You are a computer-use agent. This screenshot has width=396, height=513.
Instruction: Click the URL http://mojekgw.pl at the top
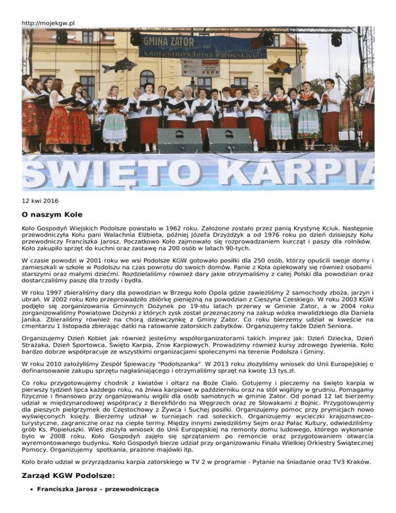[x=48, y=23]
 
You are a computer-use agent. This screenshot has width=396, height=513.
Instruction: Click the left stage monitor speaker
[x=179, y=140]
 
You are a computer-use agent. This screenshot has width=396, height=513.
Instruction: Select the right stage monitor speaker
[x=229, y=140]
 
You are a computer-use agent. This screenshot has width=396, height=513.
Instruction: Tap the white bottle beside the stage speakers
[x=255, y=145]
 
